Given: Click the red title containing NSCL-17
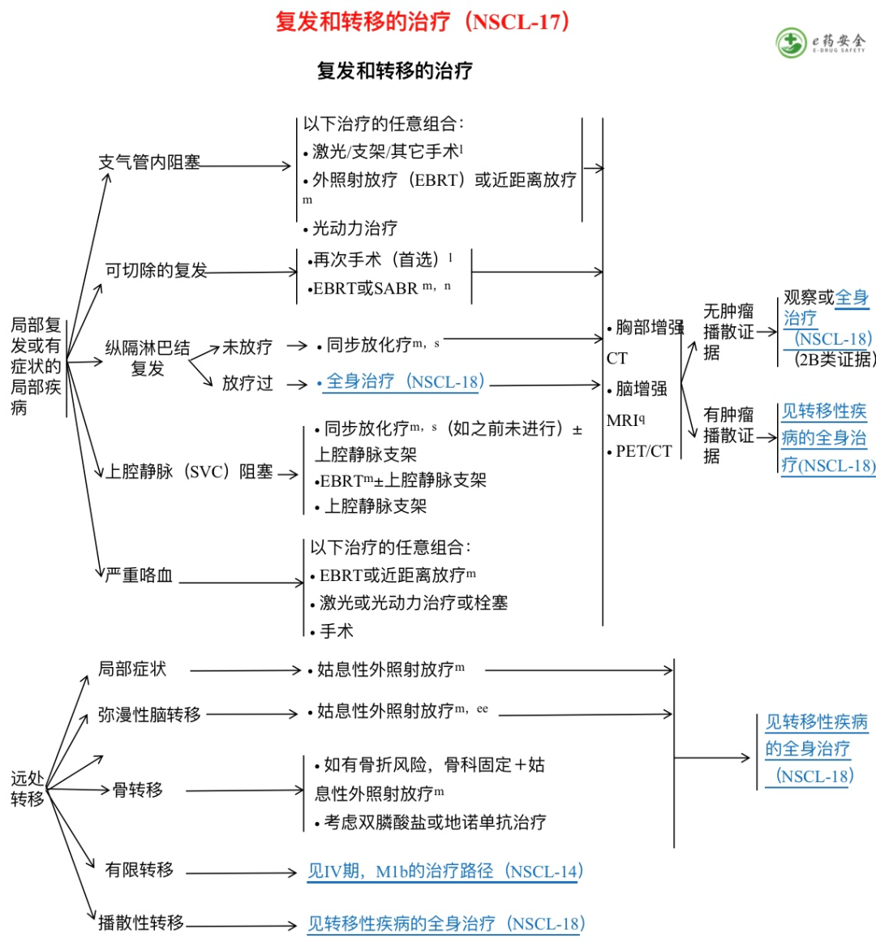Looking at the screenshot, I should (423, 22).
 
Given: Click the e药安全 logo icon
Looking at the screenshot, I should (790, 43).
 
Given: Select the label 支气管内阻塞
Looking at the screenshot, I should (149, 162).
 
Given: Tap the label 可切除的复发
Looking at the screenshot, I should (156, 270).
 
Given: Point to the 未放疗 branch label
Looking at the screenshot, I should (247, 347).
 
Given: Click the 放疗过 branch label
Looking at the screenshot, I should (247, 383).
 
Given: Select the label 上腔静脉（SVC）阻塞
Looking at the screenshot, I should (190, 471).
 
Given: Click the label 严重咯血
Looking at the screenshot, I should (139, 575).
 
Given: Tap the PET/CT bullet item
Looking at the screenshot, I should (643, 451).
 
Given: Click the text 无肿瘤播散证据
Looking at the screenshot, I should (728, 331).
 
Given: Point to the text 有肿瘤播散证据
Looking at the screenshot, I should (728, 435).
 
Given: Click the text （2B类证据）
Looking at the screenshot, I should (832, 359).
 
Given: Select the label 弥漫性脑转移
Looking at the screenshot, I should (149, 715).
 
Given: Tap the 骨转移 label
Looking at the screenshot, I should (138, 790).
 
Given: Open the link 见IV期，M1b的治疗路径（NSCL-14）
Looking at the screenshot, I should (445, 872).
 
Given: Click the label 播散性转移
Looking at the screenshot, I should (141, 923).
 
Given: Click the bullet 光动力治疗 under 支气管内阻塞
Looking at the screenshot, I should (354, 228).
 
